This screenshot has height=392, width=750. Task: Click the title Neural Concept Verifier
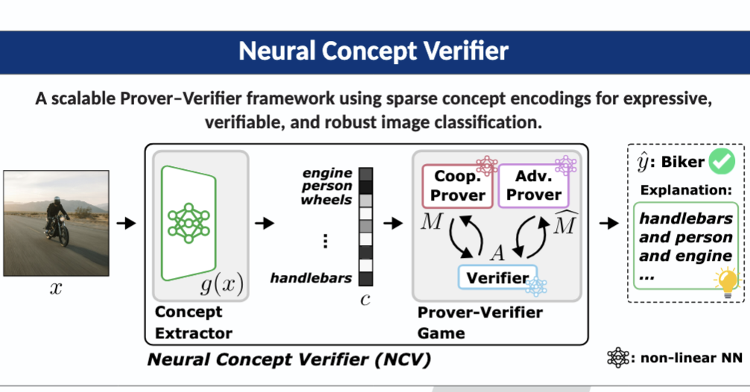[x=374, y=51]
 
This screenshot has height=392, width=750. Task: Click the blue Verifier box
[x=497, y=278]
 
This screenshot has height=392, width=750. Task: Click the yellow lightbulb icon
[x=725, y=282]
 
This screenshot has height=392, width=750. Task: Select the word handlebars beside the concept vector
[x=311, y=278]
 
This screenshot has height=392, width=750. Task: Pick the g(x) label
[x=221, y=285]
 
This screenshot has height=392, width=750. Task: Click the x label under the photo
[x=56, y=289]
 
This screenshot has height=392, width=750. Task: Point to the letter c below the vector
[x=365, y=298]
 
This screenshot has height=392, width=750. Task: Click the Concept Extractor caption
[x=193, y=322]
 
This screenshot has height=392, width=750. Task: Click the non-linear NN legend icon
[x=617, y=358]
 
